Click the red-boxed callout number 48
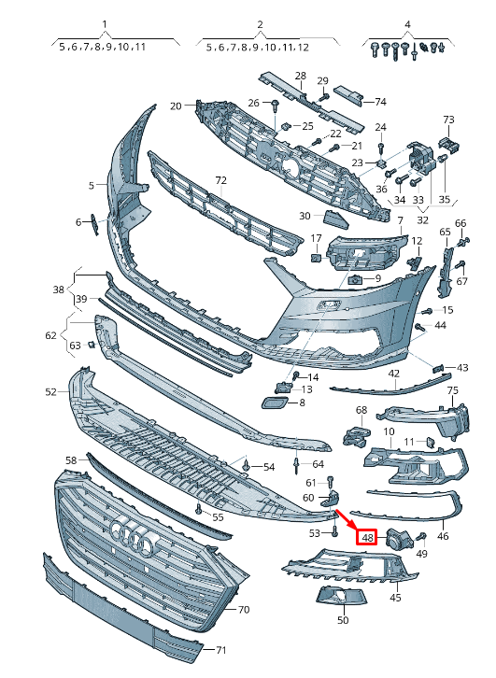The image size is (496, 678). click(x=367, y=537)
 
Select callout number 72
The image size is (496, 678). click(x=220, y=179)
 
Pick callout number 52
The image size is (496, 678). click(x=51, y=392)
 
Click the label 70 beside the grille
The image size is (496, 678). click(x=244, y=610)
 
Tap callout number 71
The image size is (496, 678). click(x=221, y=650)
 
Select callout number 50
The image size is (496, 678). click(x=343, y=620)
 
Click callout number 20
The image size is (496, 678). click(x=176, y=106)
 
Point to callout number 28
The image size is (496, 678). click(x=301, y=76)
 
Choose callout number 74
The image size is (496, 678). click(x=380, y=101)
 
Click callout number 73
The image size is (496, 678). click(x=448, y=120)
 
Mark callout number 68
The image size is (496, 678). click(x=361, y=410)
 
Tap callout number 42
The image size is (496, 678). click(x=394, y=374)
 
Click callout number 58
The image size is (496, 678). click(x=71, y=460)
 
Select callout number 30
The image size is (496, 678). click(x=305, y=217)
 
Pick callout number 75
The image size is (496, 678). click(x=452, y=391)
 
